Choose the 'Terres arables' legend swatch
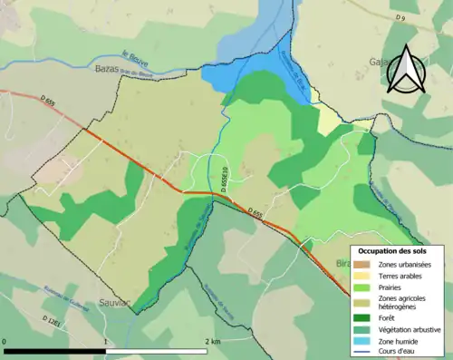pos(361,275)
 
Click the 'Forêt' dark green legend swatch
pos(361,317)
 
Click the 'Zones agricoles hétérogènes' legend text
pos(405,303)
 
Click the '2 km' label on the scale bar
pos(212,341)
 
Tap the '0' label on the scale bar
pos(5,341)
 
